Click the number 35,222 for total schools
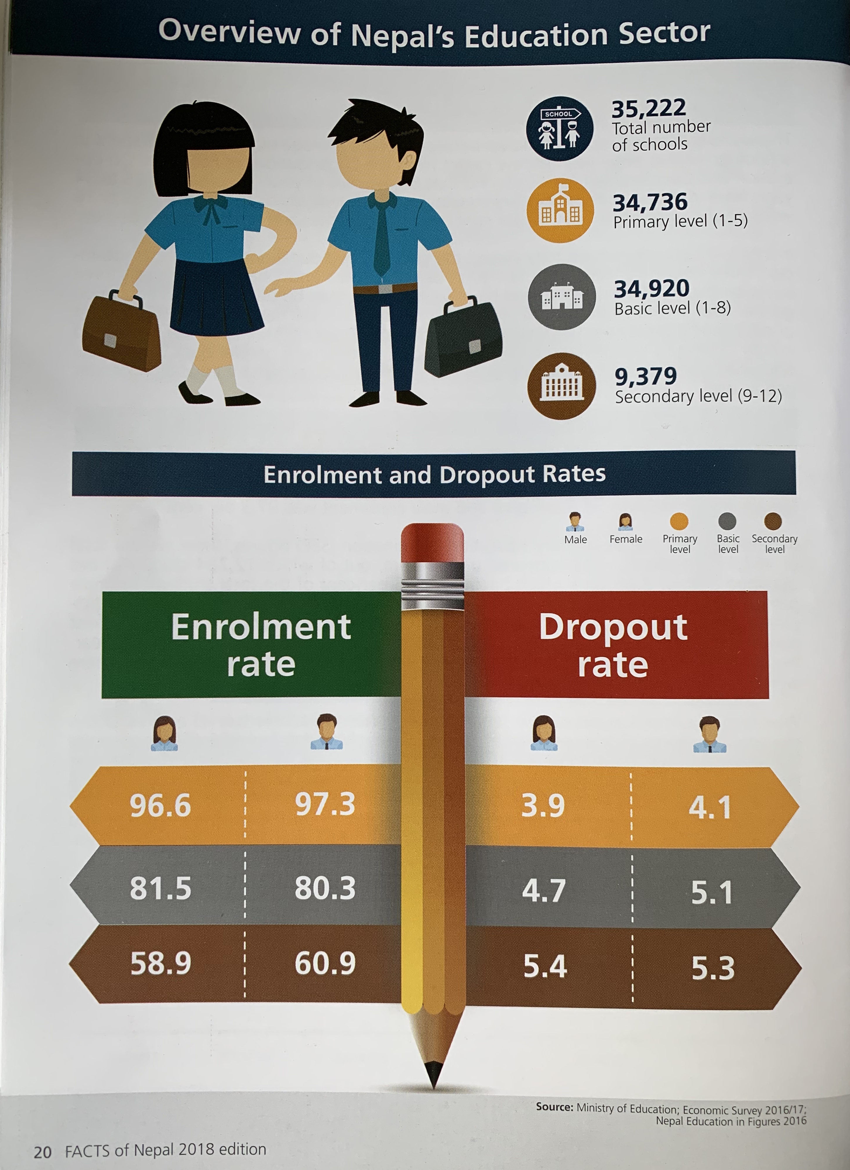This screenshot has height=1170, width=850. [648, 108]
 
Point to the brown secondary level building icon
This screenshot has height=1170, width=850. [561, 385]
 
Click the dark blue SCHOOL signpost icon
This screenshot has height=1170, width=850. [559, 128]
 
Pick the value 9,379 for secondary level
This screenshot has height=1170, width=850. [645, 376]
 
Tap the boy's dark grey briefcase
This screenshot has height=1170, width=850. [463, 337]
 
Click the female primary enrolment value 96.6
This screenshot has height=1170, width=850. [160, 805]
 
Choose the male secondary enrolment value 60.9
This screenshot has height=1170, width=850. [325, 963]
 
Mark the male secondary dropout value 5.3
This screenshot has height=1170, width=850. [713, 968]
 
